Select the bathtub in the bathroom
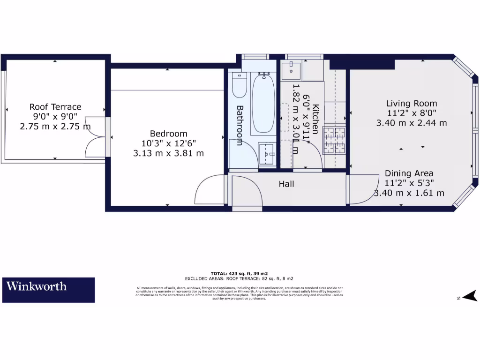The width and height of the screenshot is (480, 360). coord(263,103)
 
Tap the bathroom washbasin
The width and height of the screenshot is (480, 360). coord(268,154)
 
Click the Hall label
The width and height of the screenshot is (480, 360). coord(286,184)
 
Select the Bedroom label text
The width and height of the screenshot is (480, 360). coord(168,134)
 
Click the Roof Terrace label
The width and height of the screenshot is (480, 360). coord(55,107)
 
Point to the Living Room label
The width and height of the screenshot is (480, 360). coord(412,104)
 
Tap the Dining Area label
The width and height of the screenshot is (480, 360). coord(409,173)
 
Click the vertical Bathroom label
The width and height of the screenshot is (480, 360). coord(239,125)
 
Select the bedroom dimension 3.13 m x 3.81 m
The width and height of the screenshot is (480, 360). coord(168,153)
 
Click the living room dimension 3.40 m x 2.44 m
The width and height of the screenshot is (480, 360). coord(412,123)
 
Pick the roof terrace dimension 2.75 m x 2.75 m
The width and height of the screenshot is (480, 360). coord(55,126)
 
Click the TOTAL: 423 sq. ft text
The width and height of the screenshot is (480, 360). coord(239,273)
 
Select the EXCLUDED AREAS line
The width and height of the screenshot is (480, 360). coord(239,278)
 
